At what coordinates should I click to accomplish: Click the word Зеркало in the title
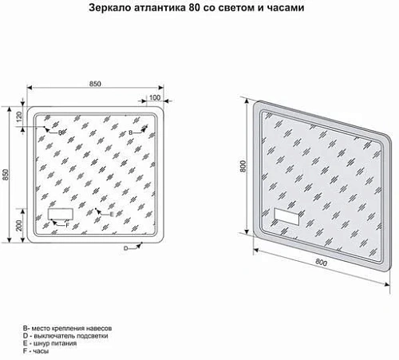110,8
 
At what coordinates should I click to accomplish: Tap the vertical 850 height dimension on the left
7,174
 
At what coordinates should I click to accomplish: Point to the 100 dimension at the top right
154,96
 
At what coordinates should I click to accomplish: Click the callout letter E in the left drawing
112,214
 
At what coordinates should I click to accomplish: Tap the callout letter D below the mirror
125,250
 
